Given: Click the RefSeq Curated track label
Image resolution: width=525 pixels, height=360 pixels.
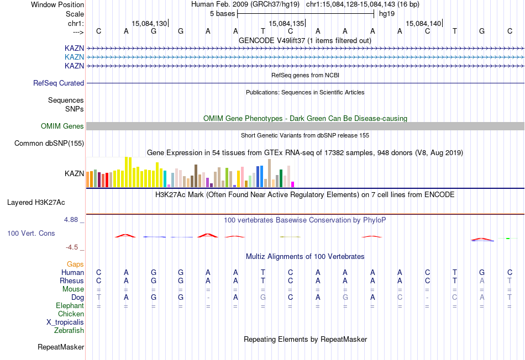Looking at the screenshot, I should (x=59, y=83).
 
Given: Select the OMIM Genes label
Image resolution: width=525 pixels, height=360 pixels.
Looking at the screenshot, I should (x=62, y=126).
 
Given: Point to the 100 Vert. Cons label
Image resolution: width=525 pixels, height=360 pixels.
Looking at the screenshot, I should (x=31, y=234).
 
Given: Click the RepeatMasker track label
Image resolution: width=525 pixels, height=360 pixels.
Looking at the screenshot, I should (x=61, y=347).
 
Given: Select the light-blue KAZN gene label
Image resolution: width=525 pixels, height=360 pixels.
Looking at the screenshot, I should (x=74, y=57).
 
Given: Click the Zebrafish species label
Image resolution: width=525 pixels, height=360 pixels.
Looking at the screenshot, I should (x=69, y=331).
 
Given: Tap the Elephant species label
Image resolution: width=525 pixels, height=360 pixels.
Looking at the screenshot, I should (x=70, y=306).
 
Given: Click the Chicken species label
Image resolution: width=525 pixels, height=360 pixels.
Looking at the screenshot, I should (x=71, y=314).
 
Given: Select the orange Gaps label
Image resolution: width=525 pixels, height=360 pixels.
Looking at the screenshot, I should (x=75, y=264).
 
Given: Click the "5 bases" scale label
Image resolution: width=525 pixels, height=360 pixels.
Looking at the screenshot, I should (x=223, y=14).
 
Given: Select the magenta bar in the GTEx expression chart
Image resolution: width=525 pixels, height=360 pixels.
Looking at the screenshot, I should (x=293, y=184).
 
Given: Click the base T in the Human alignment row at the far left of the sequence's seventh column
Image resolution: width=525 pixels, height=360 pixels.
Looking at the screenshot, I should (x=263, y=272).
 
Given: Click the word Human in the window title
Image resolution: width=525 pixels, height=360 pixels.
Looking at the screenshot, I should (x=202, y=4).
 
